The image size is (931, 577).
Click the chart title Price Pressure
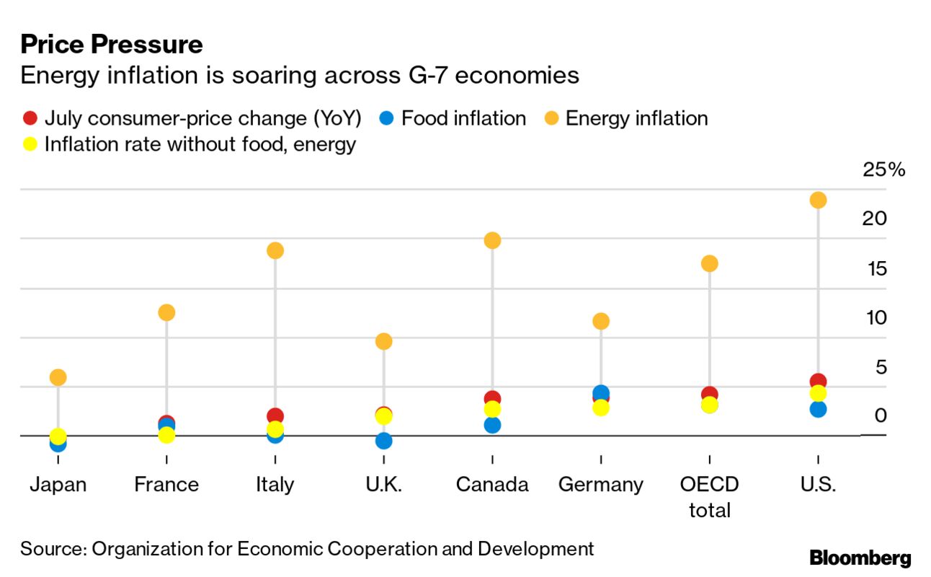click(112, 45)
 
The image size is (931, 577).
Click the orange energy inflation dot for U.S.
click(818, 200)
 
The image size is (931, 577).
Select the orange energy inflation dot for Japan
click(58, 377)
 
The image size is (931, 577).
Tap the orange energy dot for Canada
click(492, 240)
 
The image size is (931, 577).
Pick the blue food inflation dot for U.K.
click(384, 441)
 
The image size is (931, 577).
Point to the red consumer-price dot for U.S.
click(818, 381)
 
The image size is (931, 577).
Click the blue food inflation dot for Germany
click(601, 393)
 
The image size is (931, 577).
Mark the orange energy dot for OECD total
click(710, 263)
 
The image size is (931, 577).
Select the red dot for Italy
click(275, 416)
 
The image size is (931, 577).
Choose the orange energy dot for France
click(166, 312)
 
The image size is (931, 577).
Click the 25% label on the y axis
click(883, 170)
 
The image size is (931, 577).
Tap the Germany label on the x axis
click(601, 485)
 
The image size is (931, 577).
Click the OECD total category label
click(710, 497)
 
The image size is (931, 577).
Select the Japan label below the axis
click(58, 485)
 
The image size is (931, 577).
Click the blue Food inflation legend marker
click(387, 118)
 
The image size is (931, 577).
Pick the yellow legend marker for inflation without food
click(30, 144)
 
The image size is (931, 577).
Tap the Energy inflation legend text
click(636, 118)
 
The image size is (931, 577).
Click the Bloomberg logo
click(860, 558)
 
